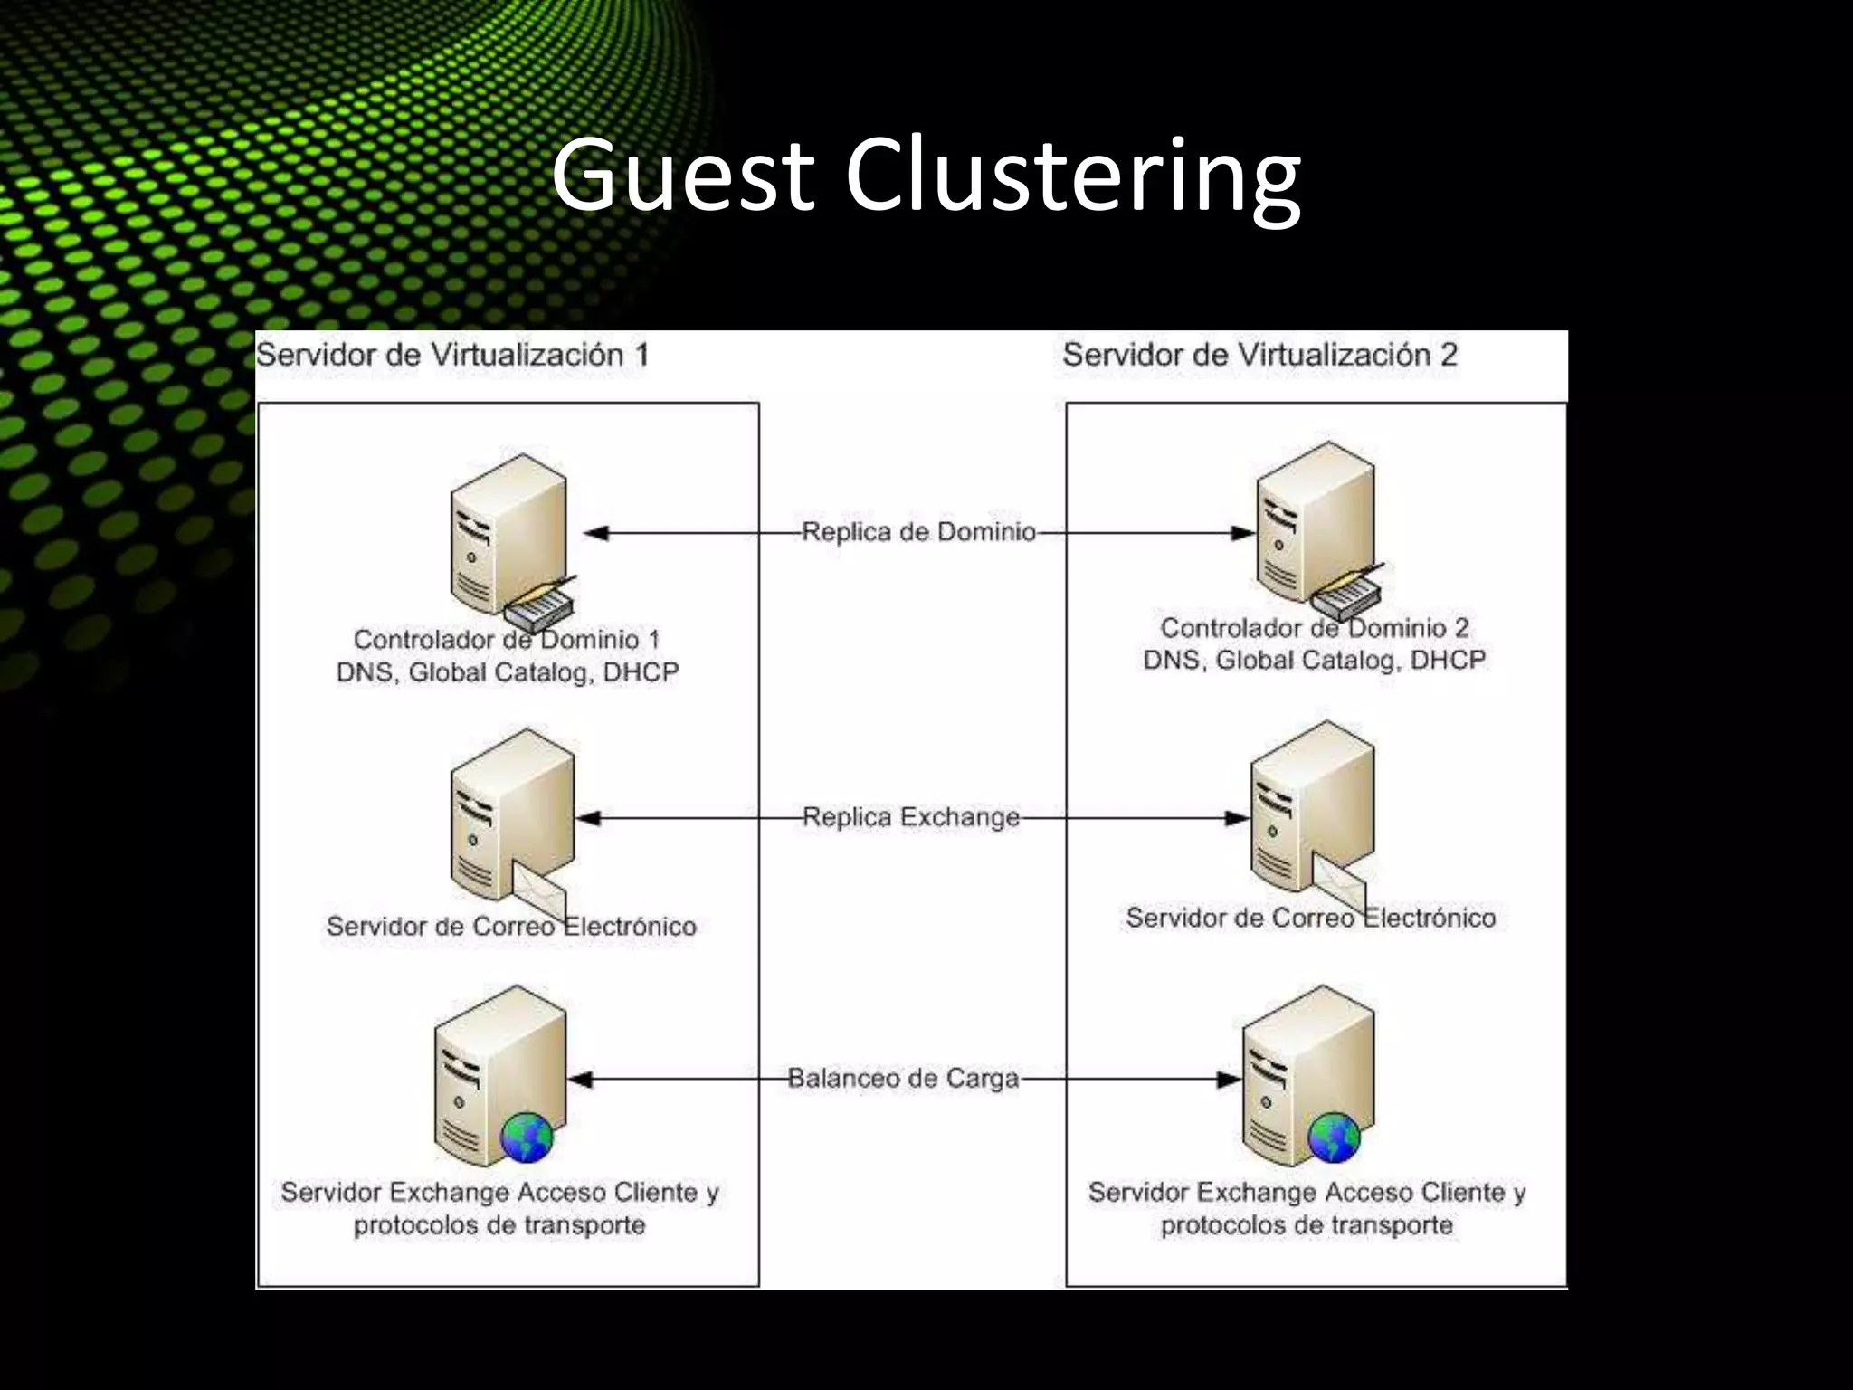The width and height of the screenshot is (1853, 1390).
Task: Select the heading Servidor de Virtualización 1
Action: (452, 355)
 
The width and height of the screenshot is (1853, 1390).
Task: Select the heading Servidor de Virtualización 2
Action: (1259, 355)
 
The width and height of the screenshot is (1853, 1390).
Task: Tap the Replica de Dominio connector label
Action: (918, 532)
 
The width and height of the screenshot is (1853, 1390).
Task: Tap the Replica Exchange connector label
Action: (910, 817)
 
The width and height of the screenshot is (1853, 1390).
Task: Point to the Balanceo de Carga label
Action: (903, 1079)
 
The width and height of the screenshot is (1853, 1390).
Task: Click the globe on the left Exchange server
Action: (527, 1138)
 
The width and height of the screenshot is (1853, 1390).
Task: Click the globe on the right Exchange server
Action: (1334, 1138)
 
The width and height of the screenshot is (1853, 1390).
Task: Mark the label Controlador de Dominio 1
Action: (507, 640)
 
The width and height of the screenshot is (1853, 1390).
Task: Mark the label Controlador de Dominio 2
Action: (1314, 628)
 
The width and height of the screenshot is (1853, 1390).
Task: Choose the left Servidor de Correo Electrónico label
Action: (511, 927)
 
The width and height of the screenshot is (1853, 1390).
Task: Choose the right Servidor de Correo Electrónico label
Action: (1310, 919)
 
